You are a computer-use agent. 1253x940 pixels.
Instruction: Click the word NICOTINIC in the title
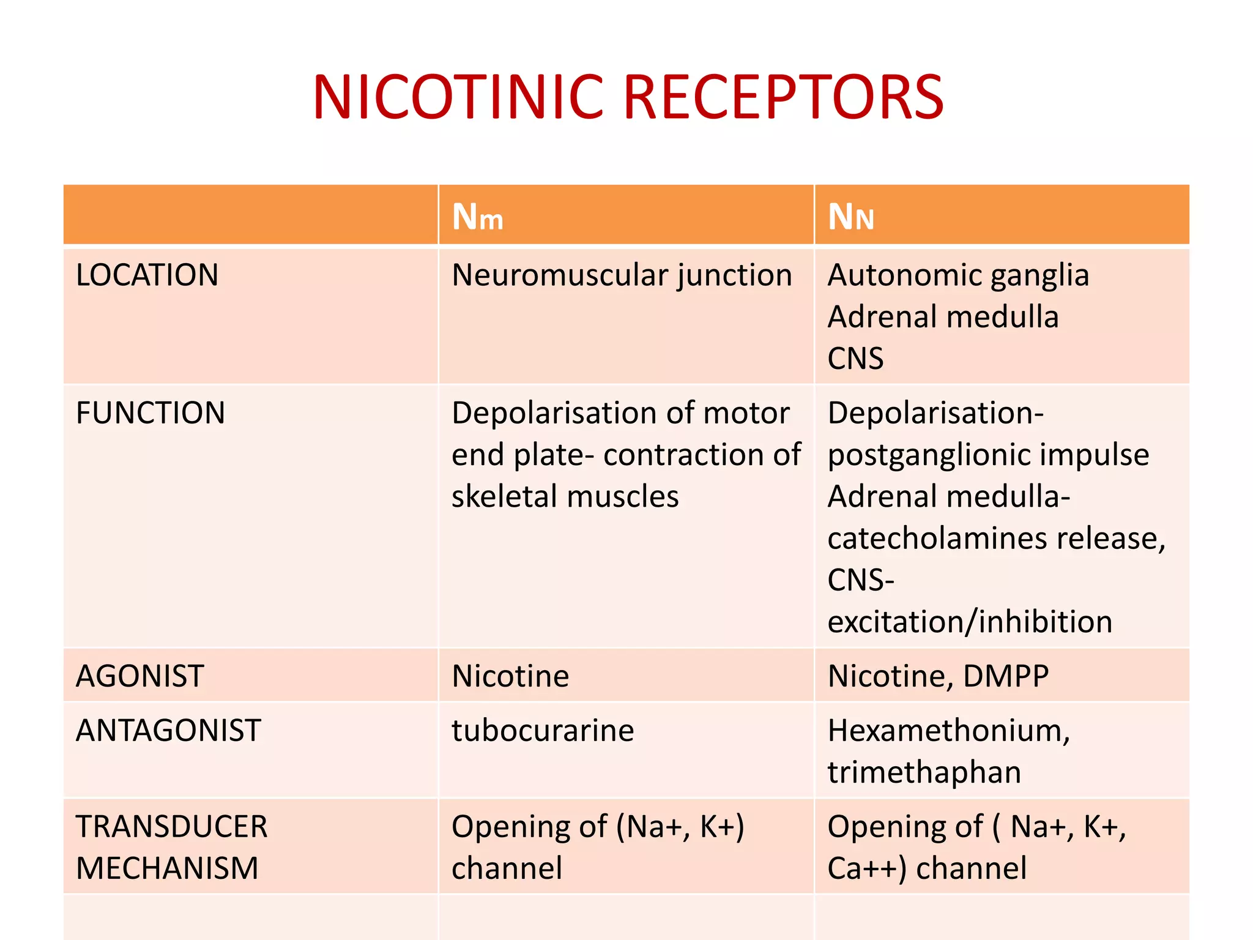point(458,98)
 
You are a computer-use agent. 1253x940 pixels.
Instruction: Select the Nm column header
point(477,217)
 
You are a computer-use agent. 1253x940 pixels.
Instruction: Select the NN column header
point(850,217)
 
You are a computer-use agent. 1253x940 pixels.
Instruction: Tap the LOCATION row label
point(147,275)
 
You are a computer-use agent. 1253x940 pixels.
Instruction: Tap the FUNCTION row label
point(151,413)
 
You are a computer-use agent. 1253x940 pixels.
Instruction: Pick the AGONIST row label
point(139,676)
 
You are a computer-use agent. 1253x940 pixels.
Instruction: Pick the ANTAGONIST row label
point(168,731)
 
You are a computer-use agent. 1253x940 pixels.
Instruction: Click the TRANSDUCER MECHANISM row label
point(171,847)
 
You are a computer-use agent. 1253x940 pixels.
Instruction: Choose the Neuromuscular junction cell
point(622,275)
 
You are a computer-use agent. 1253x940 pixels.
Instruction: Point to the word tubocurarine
point(543,731)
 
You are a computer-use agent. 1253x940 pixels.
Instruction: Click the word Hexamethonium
point(947,731)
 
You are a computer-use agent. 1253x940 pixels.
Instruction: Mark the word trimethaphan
point(924,772)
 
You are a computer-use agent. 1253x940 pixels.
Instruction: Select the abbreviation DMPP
point(1006,676)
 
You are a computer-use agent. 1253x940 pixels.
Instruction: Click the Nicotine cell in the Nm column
point(510,676)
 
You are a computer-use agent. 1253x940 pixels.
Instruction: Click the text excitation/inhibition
point(969,622)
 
